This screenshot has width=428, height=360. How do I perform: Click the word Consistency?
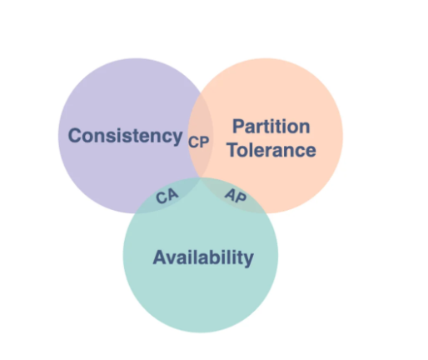(x=125, y=136)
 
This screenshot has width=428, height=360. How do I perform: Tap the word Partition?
(x=271, y=127)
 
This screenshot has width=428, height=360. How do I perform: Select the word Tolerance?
(x=271, y=150)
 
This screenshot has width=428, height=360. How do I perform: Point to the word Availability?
(x=203, y=258)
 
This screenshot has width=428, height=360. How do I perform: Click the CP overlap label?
(x=199, y=142)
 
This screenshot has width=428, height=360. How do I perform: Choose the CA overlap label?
(x=167, y=196)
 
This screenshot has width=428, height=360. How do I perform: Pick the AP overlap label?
(x=236, y=196)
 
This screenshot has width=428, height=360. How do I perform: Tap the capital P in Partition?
(x=238, y=127)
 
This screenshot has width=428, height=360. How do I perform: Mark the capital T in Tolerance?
(x=233, y=150)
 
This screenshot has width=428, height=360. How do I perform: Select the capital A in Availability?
(x=160, y=257)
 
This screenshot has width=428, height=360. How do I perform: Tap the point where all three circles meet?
(x=201, y=177)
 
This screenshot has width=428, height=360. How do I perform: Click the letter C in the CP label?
(x=193, y=142)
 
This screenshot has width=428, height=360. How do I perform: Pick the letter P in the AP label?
(x=241, y=197)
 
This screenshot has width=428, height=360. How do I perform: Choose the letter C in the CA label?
(x=162, y=198)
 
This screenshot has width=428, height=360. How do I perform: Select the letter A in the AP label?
(x=231, y=194)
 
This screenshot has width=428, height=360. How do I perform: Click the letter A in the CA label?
(x=172, y=194)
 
